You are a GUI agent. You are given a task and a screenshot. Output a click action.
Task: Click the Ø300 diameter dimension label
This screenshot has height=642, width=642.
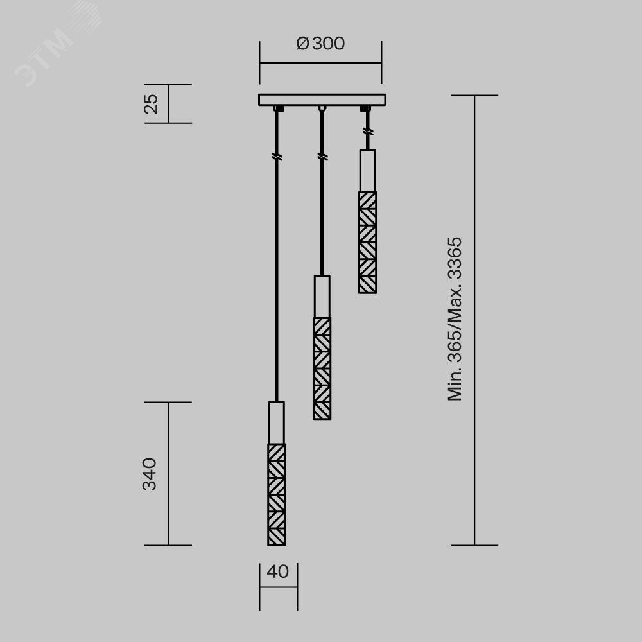coord(320,44)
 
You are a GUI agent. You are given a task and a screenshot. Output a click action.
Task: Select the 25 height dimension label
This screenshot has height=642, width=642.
coord(151,104)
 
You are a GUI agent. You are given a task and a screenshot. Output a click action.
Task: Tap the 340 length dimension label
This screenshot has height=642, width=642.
coord(150,474)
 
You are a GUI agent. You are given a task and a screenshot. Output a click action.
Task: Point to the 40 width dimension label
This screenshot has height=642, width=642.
coord(277,571)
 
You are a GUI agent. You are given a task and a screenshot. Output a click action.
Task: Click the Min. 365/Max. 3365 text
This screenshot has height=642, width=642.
coord(455,319)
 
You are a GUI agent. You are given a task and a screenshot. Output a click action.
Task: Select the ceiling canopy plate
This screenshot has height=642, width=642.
coord(322,100)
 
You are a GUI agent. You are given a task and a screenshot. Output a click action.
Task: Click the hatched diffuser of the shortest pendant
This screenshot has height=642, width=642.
coord(368,243)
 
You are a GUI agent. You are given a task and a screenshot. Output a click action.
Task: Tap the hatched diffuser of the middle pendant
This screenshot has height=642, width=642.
coord(322,369)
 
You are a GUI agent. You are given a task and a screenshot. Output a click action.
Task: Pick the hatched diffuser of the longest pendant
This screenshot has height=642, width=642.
coord(277,494)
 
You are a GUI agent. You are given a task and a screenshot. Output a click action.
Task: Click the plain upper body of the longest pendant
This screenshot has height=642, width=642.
coord(277,422)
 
